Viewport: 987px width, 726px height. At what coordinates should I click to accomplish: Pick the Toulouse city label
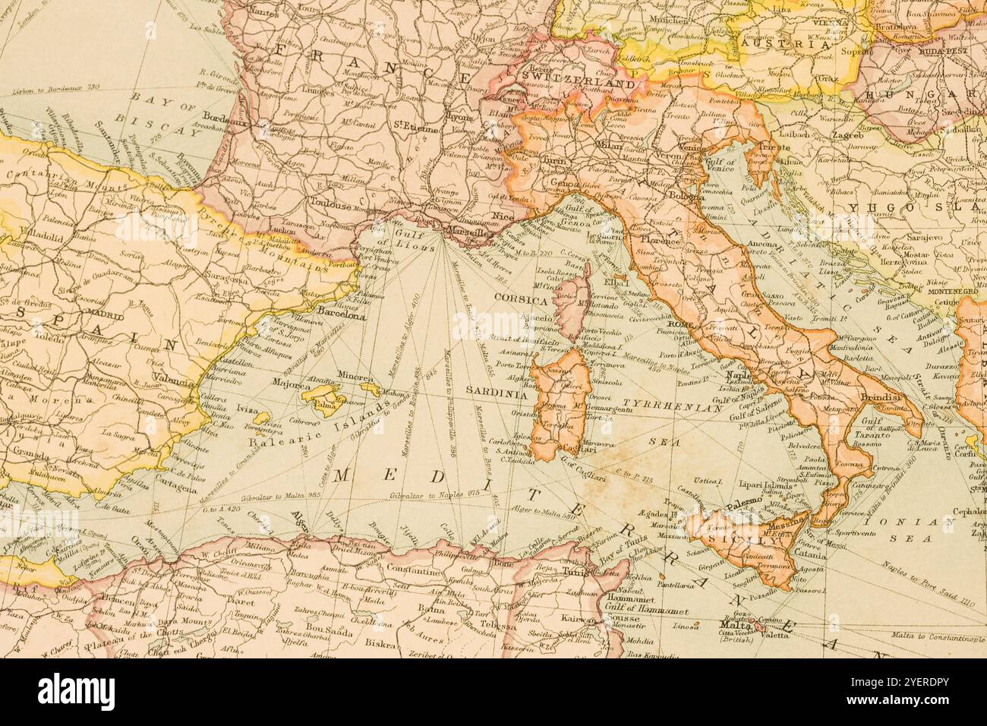tap(332, 204)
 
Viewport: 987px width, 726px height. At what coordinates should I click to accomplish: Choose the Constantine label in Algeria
tap(415, 568)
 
